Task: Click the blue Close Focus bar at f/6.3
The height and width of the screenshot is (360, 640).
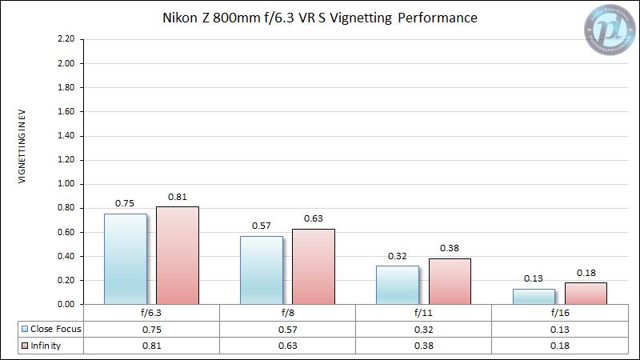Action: (126, 258)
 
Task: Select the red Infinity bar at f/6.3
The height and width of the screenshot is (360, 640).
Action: (178, 256)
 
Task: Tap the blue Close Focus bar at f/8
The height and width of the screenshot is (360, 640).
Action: (262, 270)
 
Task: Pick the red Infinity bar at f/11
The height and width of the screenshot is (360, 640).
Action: (450, 281)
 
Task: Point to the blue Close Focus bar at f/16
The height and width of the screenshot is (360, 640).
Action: (534, 296)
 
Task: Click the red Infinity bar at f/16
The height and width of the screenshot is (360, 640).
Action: (586, 293)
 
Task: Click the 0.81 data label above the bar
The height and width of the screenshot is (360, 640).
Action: (178, 197)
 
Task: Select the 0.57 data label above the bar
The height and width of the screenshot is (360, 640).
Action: (262, 226)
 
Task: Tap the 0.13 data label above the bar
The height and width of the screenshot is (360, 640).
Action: (534, 279)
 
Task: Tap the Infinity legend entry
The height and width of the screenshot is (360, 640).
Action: (45, 346)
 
